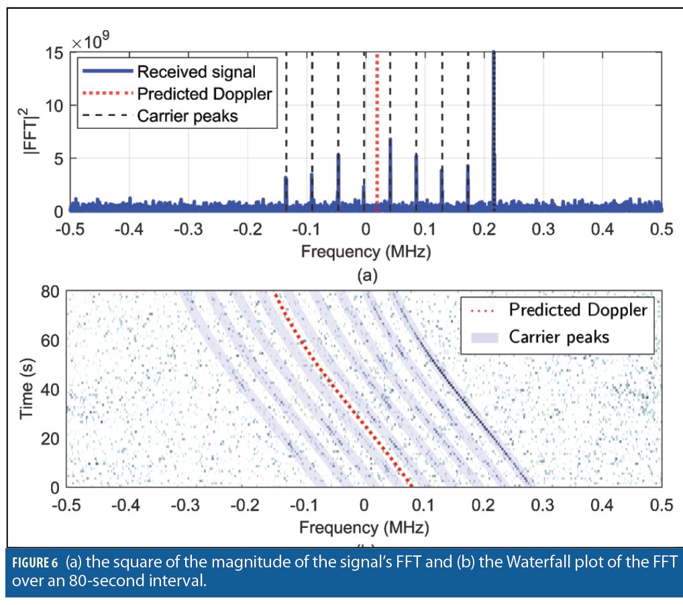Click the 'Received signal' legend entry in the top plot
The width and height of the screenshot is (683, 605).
[x=196, y=70]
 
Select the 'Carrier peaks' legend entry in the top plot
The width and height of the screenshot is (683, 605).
[x=187, y=115]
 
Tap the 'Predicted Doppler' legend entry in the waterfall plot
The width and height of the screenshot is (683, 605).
[x=578, y=309]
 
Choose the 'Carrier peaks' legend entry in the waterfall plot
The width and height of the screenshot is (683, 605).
[x=558, y=336]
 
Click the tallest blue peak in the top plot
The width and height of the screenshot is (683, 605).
[x=494, y=134]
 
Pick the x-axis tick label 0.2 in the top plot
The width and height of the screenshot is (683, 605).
[x=484, y=229]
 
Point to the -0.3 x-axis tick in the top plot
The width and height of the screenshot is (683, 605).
[x=185, y=229]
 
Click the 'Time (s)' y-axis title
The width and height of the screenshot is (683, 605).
[x=27, y=390]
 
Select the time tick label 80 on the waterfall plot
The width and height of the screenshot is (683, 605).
[x=52, y=292]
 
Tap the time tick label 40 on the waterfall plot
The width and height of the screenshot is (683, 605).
[x=52, y=390]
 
